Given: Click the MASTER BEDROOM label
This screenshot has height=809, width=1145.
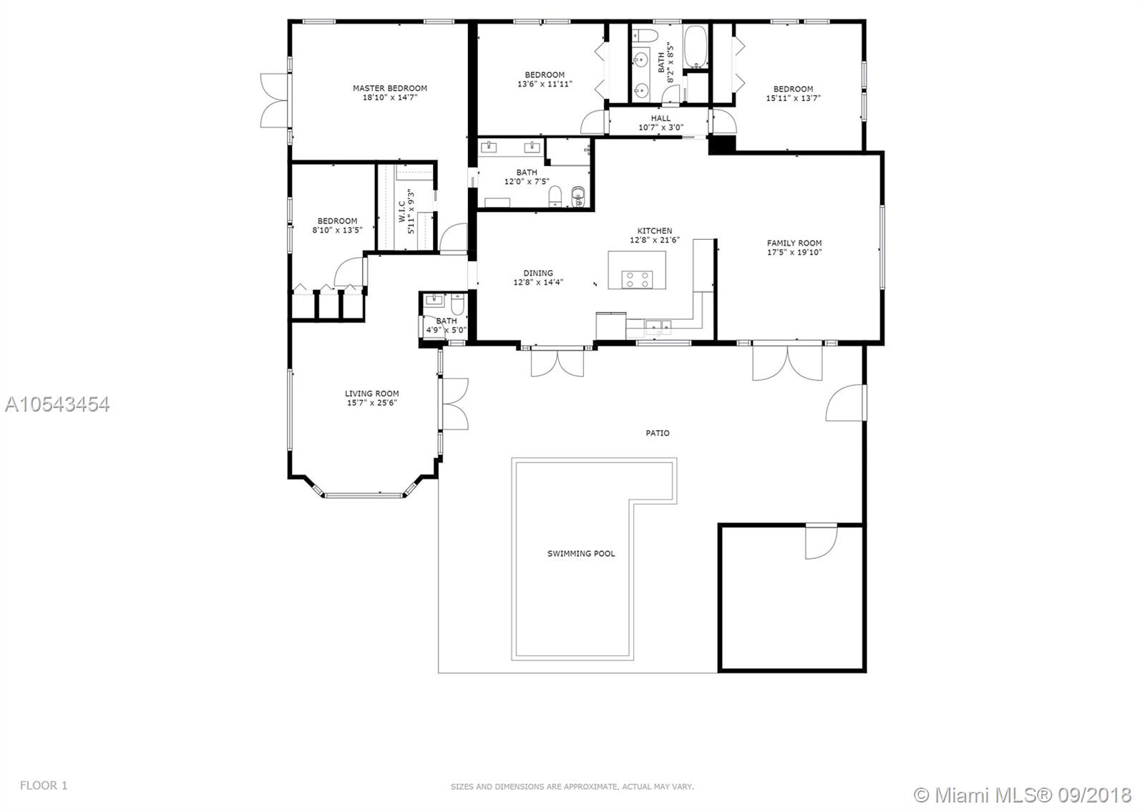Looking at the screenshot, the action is coord(390,88).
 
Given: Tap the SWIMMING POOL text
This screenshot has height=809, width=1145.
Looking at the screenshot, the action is coord(581,553).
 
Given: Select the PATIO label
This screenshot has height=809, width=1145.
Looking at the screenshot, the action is coord(658,433).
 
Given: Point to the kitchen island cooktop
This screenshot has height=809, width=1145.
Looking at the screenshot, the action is coord(637,279).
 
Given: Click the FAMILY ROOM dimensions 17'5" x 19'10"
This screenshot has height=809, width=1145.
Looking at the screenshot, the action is coord(794,252).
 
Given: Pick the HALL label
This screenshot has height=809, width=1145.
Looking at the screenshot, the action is coord(661,118).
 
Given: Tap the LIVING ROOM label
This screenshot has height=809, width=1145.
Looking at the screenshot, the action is coord(371,393).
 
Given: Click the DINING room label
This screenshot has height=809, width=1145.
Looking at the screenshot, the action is coord(538,273).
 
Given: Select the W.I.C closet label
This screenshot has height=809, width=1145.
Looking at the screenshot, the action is coord(402,211).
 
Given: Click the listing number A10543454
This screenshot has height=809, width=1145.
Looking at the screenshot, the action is coord(57,404).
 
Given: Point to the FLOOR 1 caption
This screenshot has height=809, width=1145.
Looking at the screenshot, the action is coord(44,785).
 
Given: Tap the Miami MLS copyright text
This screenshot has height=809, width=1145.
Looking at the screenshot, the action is coord(1023,795).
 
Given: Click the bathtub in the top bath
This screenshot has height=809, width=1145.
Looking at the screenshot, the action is coord(696,47).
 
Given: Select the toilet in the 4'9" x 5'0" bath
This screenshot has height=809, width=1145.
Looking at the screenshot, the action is coord(457,305).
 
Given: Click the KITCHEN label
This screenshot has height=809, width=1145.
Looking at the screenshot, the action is coord(655,231).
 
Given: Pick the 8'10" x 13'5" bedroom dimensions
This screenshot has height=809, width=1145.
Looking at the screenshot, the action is coord(337,230).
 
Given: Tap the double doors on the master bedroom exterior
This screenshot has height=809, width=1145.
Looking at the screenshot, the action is coord(275,100).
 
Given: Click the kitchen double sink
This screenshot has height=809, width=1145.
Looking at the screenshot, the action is coord(658,326).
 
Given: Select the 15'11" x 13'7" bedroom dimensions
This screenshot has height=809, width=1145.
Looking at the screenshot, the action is coord(793,98).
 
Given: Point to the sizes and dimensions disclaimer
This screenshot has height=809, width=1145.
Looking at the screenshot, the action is coord(572,787).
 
